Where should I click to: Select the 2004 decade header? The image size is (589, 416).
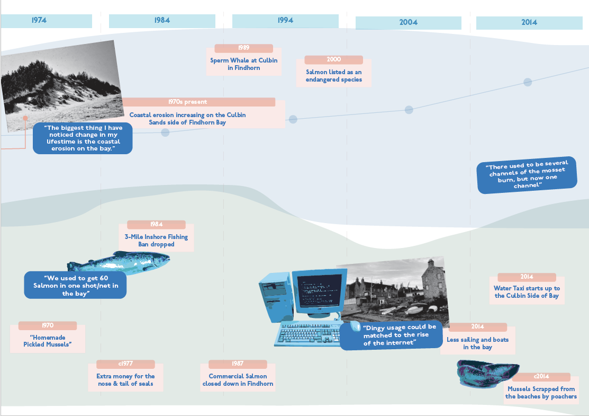pos(409,23)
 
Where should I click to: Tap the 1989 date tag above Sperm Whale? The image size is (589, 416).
pos(243,48)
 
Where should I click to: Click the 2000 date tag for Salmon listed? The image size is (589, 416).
pos(333,59)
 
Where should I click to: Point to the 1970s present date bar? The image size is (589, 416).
pos(198,102)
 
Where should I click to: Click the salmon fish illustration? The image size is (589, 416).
pos(119,261)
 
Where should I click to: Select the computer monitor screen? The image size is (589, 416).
pos(319,290)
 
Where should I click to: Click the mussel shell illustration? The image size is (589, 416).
pos(487,373)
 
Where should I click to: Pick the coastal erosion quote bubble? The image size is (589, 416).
pos(83,138)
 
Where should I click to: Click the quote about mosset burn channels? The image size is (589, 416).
pos(527,175)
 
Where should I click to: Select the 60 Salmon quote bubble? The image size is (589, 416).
pos(75,285)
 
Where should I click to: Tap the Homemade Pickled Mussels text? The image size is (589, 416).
pos(47,341)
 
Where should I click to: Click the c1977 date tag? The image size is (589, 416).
pos(125,364)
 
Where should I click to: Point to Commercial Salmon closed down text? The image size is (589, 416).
pos(238,380)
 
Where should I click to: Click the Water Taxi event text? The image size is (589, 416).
pos(527,292)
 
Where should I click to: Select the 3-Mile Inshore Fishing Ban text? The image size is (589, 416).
pos(156,241)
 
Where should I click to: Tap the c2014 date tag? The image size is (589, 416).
pos(541,376)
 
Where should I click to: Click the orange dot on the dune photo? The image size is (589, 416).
pos(25,118)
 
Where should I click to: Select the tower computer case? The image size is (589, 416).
pos(276,297)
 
